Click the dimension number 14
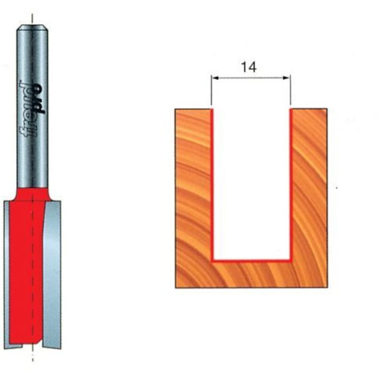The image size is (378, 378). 249,67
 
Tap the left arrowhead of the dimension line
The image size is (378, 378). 215,78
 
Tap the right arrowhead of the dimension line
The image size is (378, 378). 286,78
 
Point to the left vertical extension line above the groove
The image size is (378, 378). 211,90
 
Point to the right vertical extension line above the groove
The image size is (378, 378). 291,90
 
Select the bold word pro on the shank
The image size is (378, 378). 39,99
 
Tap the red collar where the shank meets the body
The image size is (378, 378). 32,194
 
